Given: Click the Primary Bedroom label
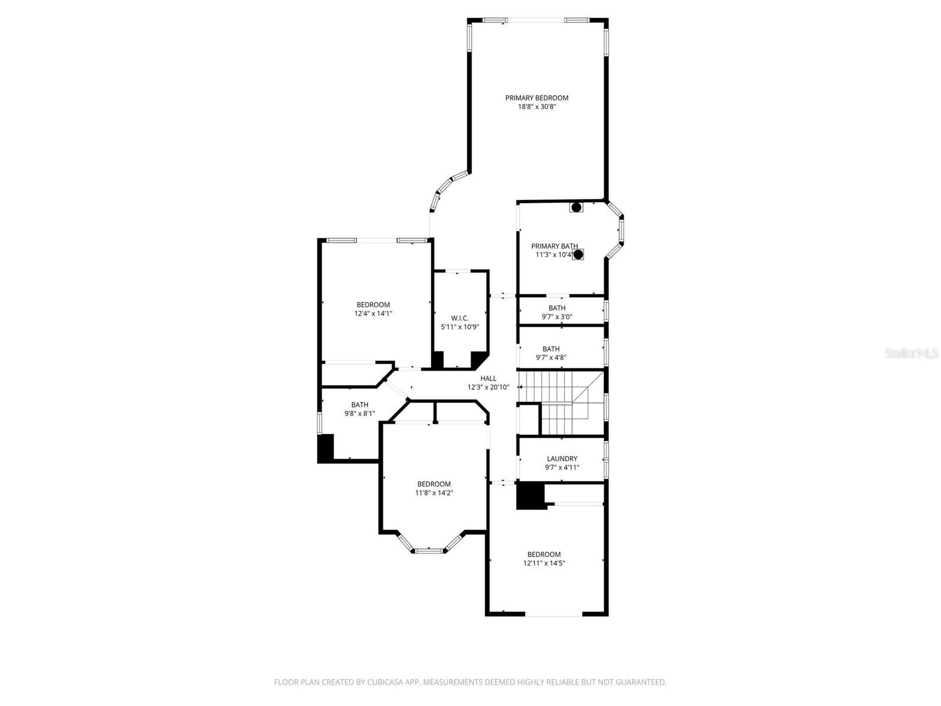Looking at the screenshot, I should pyautogui.click(x=537, y=98).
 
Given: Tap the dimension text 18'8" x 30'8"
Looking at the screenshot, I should pyautogui.click(x=537, y=107).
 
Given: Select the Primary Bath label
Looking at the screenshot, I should pyautogui.click(x=554, y=246).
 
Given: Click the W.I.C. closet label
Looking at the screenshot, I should pyautogui.click(x=460, y=318).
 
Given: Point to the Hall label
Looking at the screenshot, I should pyautogui.click(x=488, y=378).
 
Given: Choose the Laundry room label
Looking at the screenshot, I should pyautogui.click(x=562, y=458).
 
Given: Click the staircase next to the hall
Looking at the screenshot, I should pyautogui.click(x=559, y=403).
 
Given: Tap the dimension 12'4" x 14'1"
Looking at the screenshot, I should pyautogui.click(x=373, y=314).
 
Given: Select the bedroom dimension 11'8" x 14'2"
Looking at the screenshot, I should pyautogui.click(x=434, y=493).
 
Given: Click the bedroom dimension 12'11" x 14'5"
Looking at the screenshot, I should pyautogui.click(x=544, y=563).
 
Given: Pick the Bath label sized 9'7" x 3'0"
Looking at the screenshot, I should pyautogui.click(x=557, y=308).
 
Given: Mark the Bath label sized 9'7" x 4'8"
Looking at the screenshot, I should pyautogui.click(x=551, y=349).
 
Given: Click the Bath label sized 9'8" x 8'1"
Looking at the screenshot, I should pyautogui.click(x=360, y=405).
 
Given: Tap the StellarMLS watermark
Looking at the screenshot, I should pyautogui.click(x=912, y=354).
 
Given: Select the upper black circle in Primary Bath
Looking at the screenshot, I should pyautogui.click(x=576, y=207).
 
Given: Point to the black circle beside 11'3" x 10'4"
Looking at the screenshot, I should pyautogui.click(x=578, y=254).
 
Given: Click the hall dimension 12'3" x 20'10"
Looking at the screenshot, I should pyautogui.click(x=488, y=388).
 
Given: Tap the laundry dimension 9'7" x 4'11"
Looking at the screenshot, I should pyautogui.click(x=562, y=468).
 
